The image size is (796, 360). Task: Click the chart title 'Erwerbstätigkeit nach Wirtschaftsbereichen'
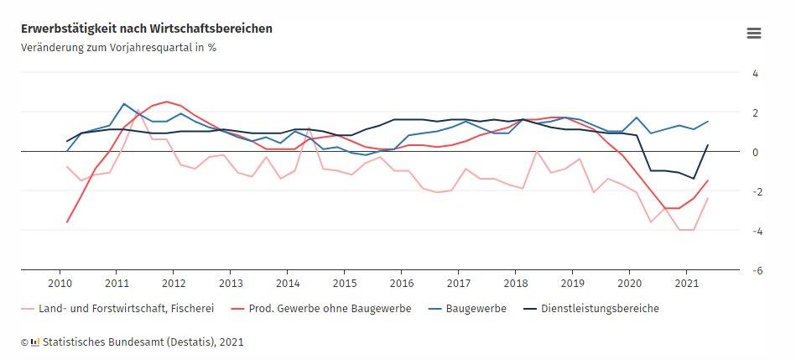[x=147, y=29]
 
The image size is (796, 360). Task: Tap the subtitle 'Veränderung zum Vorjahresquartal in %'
[x=118, y=47]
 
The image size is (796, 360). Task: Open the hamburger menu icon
[x=753, y=34]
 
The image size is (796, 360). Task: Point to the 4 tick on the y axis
[x=755, y=73]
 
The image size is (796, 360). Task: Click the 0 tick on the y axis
[x=755, y=152]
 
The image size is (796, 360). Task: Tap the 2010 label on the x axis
[x=60, y=283]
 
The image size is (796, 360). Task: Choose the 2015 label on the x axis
[x=345, y=283]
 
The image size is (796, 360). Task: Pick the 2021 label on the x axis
[x=686, y=283]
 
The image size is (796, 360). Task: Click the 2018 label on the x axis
[x=516, y=283]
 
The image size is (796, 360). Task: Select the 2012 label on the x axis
[x=174, y=283]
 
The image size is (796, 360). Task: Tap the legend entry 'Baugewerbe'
[x=476, y=308]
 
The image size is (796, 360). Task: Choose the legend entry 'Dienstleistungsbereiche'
[x=600, y=308]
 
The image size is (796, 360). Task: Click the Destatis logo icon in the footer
[x=35, y=342]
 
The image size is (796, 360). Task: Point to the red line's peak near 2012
[x=166, y=102]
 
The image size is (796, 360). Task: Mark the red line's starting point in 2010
[x=67, y=222]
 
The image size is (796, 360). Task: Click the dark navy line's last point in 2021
[x=707, y=145]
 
